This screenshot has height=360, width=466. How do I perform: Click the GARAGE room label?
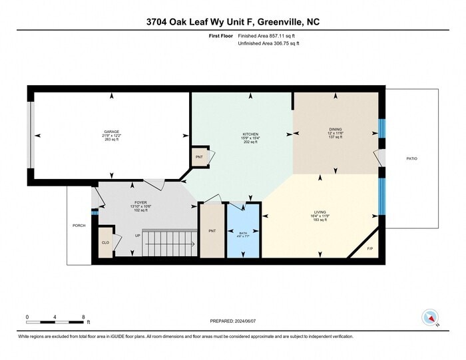tap(111, 131)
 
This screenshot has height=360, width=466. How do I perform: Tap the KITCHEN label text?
tap(250, 134)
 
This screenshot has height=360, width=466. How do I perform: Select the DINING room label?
tap(335, 129)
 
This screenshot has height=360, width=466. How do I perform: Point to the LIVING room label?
tap(321, 211)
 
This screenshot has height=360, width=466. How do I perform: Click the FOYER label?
tap(140, 202)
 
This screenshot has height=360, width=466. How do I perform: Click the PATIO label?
tap(413, 158)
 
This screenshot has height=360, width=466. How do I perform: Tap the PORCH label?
tap(79, 226)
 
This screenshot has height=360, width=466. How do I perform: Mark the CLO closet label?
tap(105, 243)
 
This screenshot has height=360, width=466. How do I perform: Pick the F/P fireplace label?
tap(371, 249)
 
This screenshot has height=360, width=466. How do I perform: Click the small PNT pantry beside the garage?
tap(199, 157)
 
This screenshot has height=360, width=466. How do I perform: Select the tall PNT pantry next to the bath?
tap(212, 231)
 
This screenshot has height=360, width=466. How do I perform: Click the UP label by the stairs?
tap(138, 236)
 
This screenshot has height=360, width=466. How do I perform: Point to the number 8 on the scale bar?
tap(83, 316)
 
